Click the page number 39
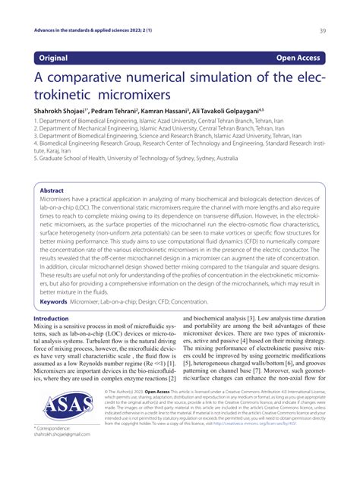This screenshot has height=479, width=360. [323, 30]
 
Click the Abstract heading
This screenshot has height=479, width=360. [52, 191]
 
